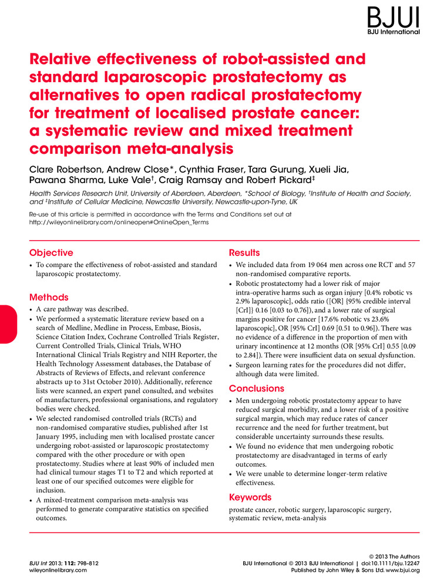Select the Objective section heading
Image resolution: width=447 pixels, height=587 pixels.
coord(51,253)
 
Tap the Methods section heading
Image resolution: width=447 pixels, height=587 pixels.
coord(49,298)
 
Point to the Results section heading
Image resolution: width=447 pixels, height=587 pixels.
coord(244,253)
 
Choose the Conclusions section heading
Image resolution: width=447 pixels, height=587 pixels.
coord(256,389)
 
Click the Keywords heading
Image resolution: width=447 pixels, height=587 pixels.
coord(250,498)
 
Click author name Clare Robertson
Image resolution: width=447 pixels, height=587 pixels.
coord(65,170)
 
